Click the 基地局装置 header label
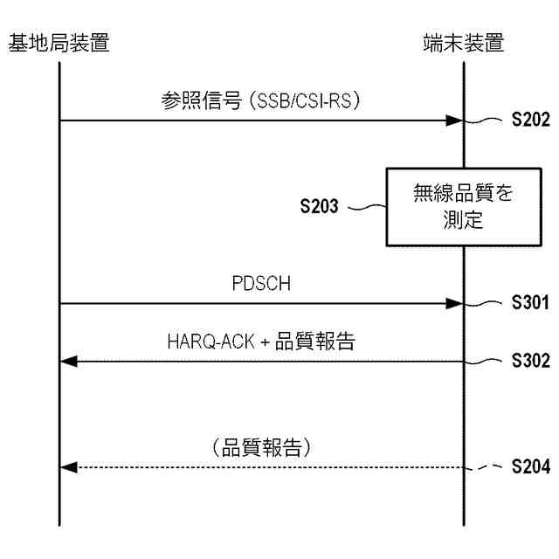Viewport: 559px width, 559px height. tap(59, 42)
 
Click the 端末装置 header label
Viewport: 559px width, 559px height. tap(463, 42)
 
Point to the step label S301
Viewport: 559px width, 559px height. tap(530, 304)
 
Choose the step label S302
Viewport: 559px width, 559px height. tap(530, 361)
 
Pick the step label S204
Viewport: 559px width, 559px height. tap(530, 468)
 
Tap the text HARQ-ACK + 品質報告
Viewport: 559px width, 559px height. tap(261, 342)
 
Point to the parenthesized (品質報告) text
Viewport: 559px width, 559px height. tap(261, 448)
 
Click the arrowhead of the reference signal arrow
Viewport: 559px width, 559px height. tap(454, 121)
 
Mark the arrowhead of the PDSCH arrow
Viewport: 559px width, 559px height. tap(454, 303)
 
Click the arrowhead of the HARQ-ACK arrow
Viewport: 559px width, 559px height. tap(68, 361)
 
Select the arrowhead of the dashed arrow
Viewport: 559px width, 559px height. tap(68, 468)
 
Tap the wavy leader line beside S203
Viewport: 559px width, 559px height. tap(367, 208)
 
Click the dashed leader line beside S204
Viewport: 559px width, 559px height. tap(486, 468)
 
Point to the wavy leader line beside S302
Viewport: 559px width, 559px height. tap(486, 360)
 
